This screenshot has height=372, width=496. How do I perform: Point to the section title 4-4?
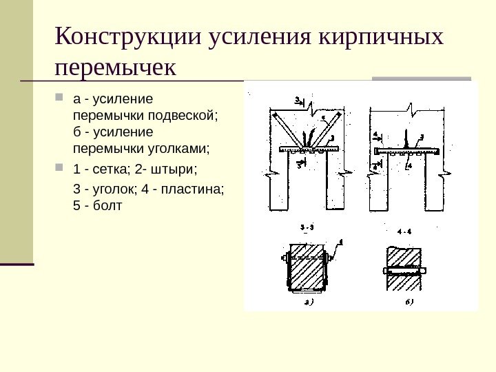click(404, 231)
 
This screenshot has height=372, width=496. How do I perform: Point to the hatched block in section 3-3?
click(306, 270)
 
